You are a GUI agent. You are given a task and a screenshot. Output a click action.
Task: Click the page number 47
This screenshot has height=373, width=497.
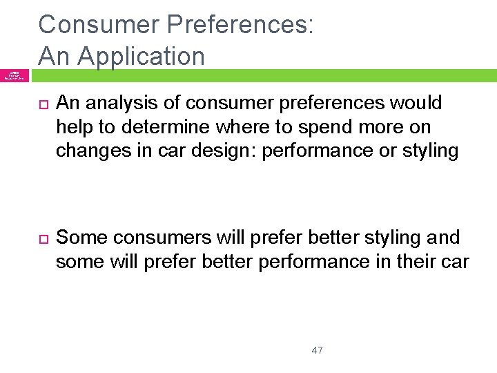pyautogui.click(x=318, y=350)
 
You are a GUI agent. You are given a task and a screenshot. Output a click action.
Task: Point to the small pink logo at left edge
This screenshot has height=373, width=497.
pyautogui.click(x=13, y=75)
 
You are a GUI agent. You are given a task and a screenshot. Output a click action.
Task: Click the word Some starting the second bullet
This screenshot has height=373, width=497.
pyautogui.click(x=81, y=238)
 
